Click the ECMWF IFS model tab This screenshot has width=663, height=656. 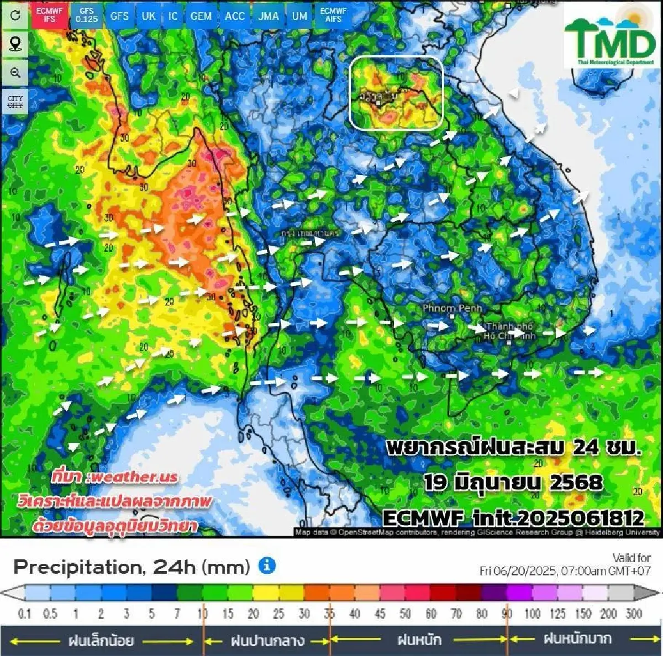click(x=50, y=15)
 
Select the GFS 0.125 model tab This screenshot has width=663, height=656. click(x=86, y=15)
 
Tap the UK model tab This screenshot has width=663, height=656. click(x=148, y=16)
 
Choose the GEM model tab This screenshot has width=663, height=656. click(x=201, y=16)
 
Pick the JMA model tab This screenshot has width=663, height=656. click(x=268, y=16)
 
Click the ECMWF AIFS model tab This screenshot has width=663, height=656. click(x=333, y=15)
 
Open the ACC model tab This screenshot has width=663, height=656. click(x=234, y=16)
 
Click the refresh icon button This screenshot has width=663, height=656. click(x=15, y=15)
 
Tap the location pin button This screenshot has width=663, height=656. click(x=15, y=44)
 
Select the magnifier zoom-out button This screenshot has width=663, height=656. click(x=15, y=73)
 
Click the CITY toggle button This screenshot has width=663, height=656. click(x=15, y=102)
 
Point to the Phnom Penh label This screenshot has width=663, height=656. click(x=452, y=308)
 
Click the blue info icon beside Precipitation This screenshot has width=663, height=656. click(x=267, y=565)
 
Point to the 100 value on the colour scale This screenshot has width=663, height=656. click(x=532, y=613)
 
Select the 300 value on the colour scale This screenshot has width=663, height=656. click(x=634, y=613)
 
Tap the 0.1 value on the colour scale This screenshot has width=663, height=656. click(x=24, y=613)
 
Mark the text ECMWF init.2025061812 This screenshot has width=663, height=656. click(x=513, y=518)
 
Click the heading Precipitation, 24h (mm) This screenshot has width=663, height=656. click(x=131, y=567)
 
